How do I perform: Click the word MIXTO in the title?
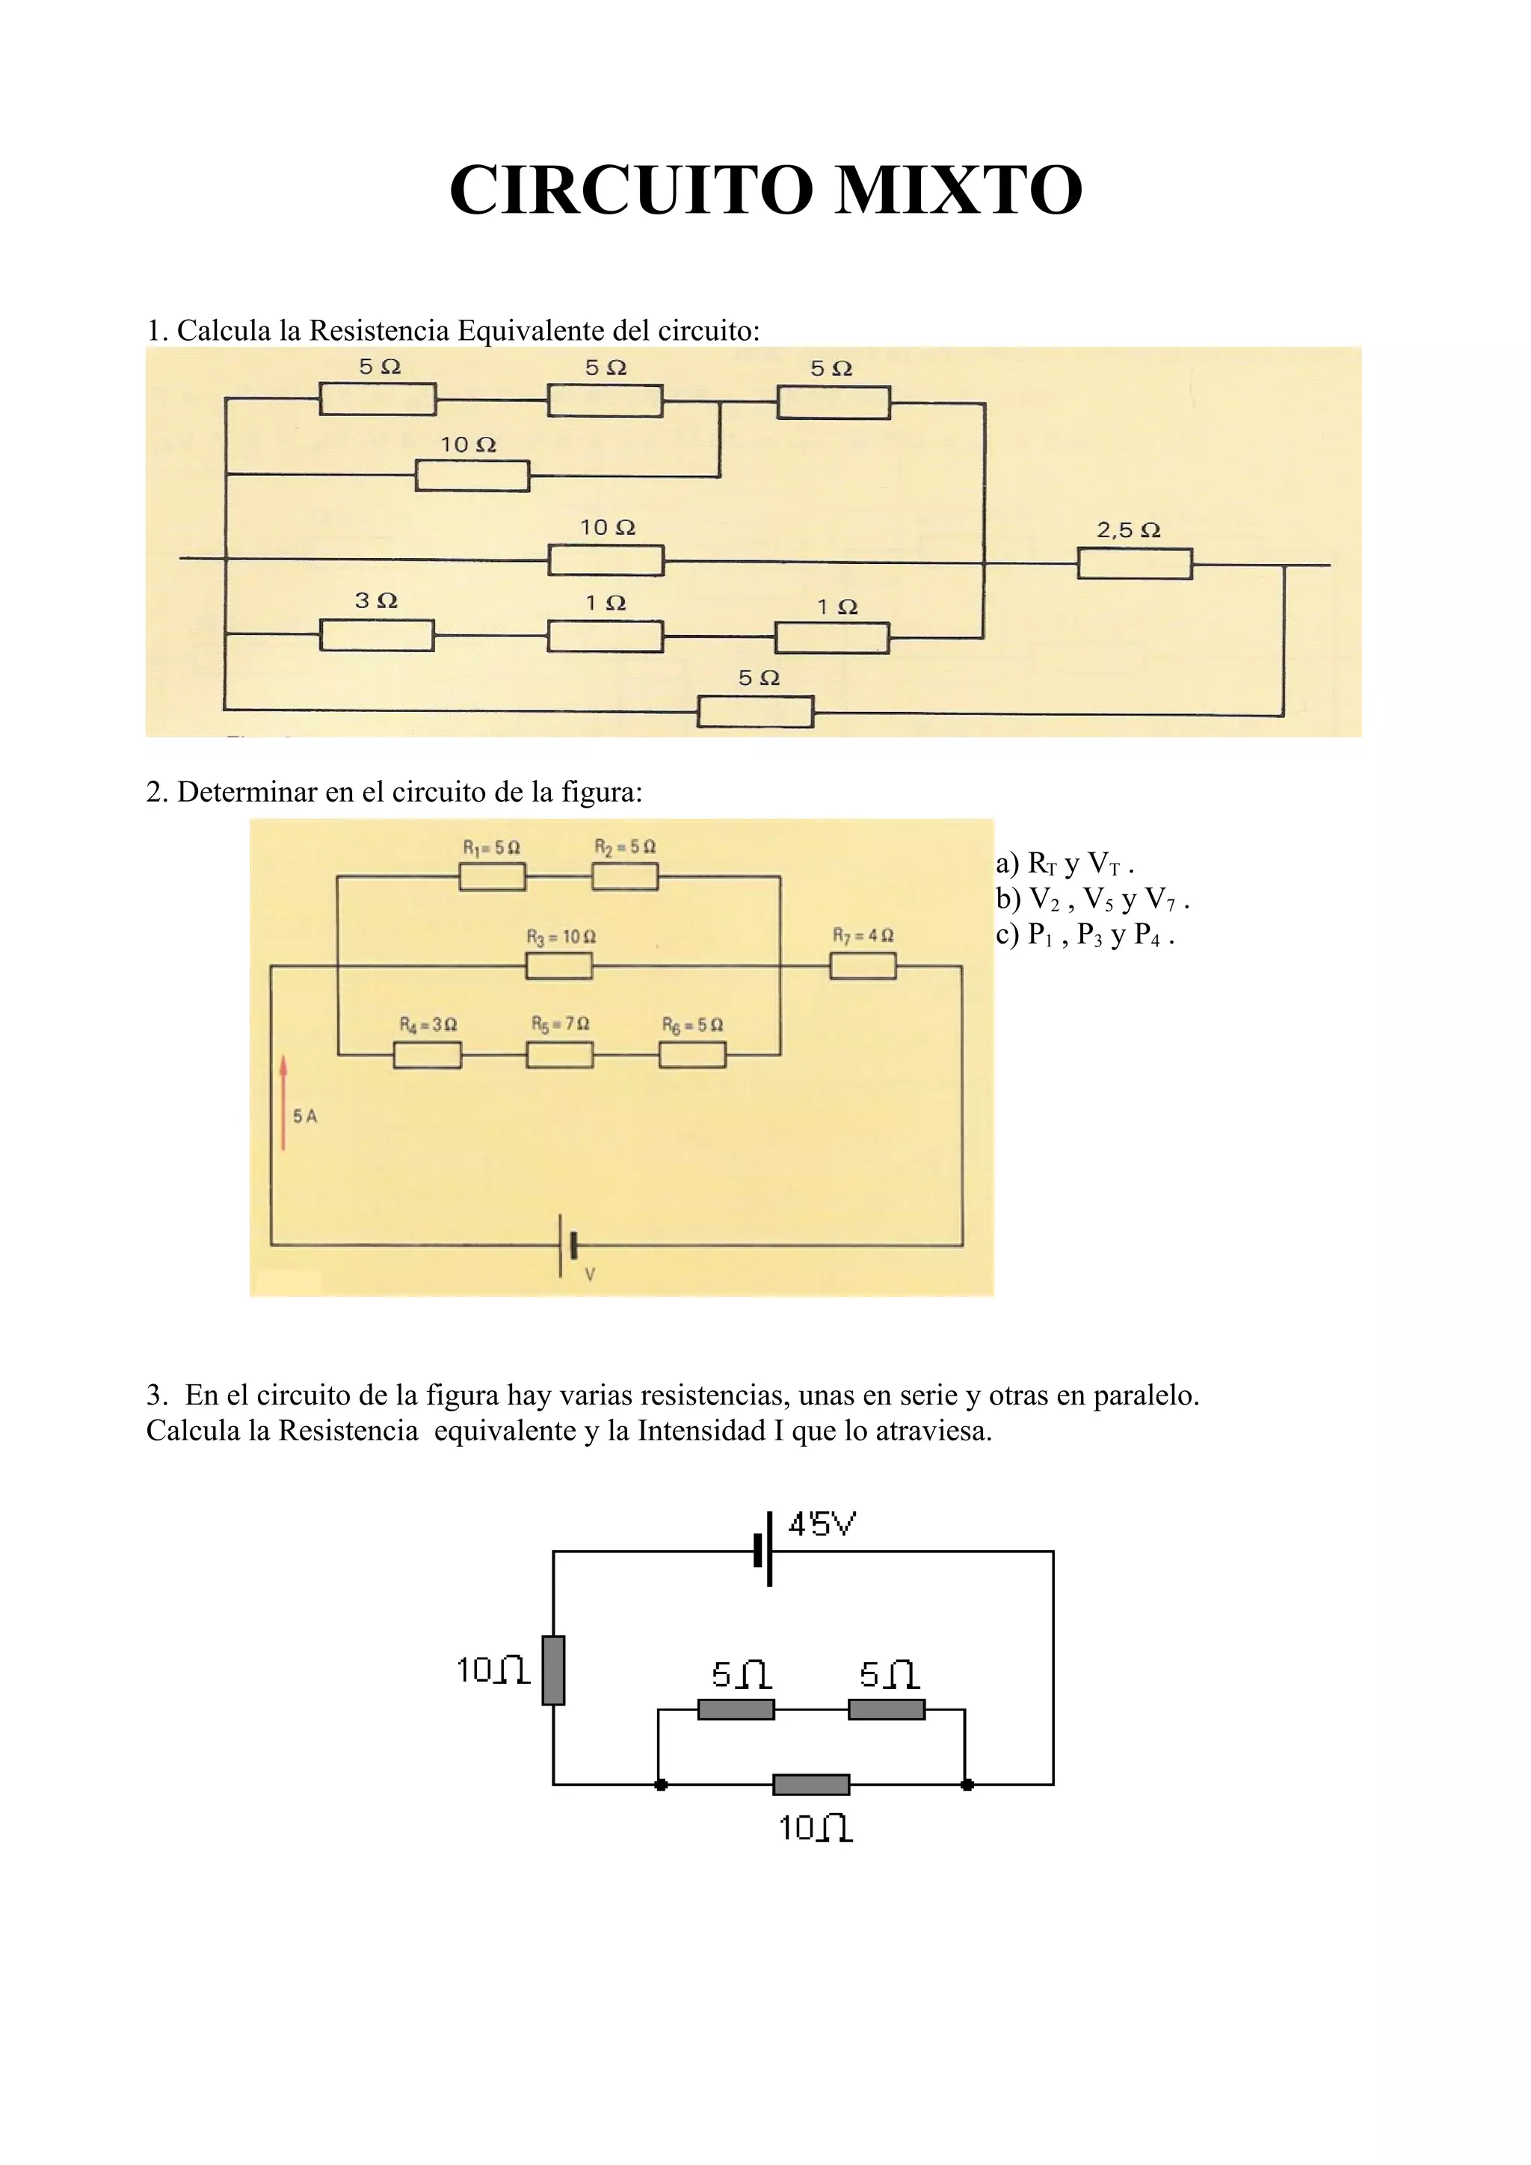click(958, 191)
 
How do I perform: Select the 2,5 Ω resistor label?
click(1128, 530)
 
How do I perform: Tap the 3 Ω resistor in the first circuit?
click(376, 636)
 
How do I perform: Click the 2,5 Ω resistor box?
click(1134, 564)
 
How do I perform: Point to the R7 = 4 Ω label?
click(862, 935)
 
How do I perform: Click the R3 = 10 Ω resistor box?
click(559, 967)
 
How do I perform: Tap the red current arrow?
click(283, 1103)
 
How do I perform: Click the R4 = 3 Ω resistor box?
click(428, 1055)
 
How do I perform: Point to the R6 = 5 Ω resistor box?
click(691, 1055)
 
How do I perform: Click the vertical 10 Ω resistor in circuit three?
click(554, 1670)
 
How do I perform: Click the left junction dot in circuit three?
click(662, 1784)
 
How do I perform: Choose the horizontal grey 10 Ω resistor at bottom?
click(810, 1784)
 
